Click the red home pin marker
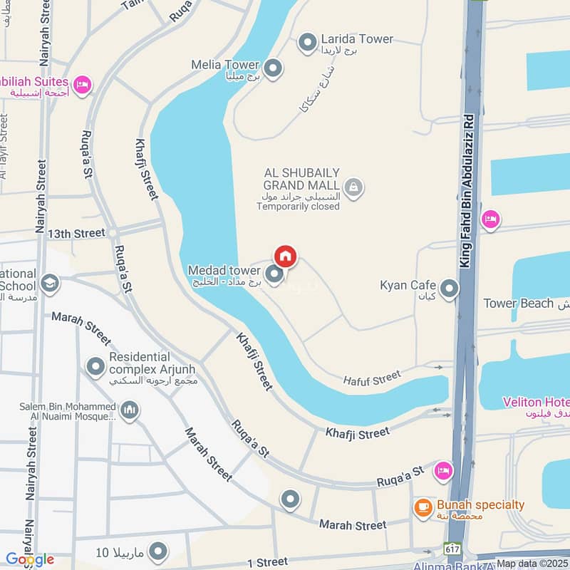coord(285,256)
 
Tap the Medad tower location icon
coord(274,273)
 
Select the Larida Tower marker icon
coord(307,43)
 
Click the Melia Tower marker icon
coord(273,69)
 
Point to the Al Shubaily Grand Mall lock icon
coord(355,188)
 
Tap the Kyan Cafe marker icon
coord(449,289)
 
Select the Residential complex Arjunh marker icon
coord(95,367)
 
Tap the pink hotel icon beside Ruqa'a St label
coord(443,470)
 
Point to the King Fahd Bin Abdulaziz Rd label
coord(467,191)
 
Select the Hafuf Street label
coord(372,378)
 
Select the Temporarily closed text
coord(299,207)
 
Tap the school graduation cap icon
coord(49,284)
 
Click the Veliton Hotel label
coord(536,401)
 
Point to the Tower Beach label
coord(518,304)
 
